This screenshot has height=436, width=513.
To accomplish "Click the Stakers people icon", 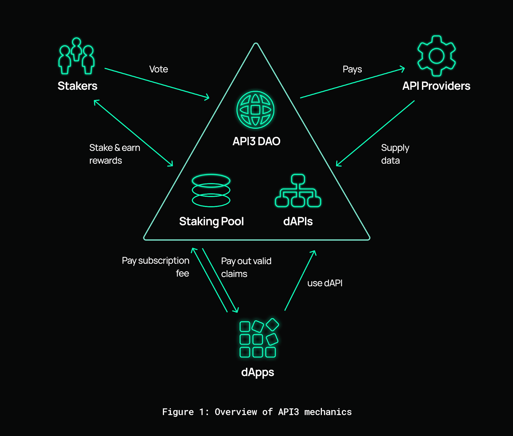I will [x=76, y=56].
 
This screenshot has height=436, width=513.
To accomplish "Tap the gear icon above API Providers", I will [x=436, y=56].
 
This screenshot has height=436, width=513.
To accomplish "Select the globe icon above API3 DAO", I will [x=255, y=110].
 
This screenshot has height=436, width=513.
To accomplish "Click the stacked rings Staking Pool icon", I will [x=211, y=190].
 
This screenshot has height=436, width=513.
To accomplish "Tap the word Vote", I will [x=158, y=69].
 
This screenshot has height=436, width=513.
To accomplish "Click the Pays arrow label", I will [x=352, y=69].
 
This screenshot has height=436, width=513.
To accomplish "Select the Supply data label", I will [x=395, y=154].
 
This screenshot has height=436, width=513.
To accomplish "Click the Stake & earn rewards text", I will [x=114, y=154].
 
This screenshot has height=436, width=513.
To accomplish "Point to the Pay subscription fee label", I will [x=156, y=267].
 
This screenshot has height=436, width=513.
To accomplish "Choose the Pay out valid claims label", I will [x=246, y=267].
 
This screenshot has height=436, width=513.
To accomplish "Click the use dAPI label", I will [x=325, y=283].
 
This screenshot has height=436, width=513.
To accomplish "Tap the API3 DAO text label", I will [x=256, y=141].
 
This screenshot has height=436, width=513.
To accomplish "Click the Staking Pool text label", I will [x=211, y=221].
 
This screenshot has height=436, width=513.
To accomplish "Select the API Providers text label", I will [x=436, y=86].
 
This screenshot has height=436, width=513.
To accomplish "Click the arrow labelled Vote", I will [x=157, y=83].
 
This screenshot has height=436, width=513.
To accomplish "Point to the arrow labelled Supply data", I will [x=375, y=133].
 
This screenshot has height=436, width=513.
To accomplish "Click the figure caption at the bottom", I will [x=257, y=412].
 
